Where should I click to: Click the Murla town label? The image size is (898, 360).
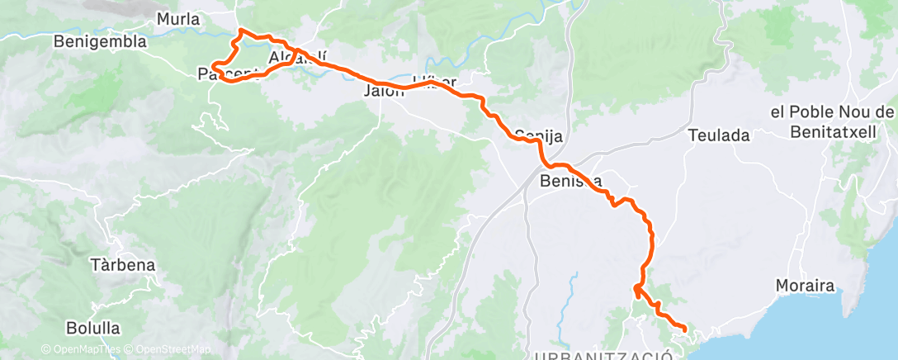(178, 18)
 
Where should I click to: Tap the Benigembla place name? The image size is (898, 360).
(99, 40)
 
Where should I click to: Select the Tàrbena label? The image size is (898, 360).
(122, 266)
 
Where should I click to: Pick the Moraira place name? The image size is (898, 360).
(806, 286)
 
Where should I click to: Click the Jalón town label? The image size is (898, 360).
(385, 92)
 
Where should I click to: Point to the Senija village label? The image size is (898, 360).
(532, 134)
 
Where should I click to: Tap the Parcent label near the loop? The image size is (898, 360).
(223, 75)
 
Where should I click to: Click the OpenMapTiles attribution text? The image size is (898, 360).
(81, 350)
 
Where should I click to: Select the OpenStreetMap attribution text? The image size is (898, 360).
(167, 350)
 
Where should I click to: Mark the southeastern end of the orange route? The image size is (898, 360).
(685, 330)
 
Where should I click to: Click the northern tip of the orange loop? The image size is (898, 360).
(240, 31)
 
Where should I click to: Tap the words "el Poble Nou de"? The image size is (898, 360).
(830, 112)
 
